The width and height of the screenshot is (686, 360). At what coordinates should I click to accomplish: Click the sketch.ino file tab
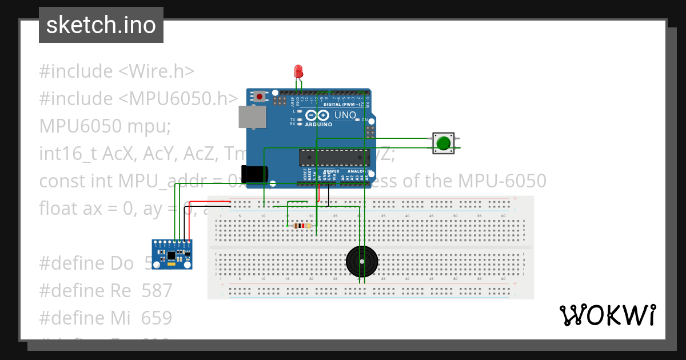101,25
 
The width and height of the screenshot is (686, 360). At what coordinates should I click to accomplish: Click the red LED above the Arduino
298,71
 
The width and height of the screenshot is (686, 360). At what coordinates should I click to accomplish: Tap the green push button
443,143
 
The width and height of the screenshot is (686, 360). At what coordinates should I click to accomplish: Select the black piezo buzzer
362,262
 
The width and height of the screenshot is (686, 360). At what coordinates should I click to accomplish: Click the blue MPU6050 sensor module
171,254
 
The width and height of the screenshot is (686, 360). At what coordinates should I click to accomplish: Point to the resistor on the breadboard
301,226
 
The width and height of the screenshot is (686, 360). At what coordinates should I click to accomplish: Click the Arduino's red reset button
260,97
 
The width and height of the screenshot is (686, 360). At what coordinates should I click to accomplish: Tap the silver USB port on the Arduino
251,117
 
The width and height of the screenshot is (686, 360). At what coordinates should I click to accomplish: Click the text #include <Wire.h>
117,71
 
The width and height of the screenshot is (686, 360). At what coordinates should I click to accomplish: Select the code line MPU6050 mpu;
105,126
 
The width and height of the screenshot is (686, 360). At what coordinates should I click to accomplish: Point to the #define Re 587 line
105,290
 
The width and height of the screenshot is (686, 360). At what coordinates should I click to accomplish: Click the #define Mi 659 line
105,318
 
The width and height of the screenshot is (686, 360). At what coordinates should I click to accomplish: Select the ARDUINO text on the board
318,124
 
